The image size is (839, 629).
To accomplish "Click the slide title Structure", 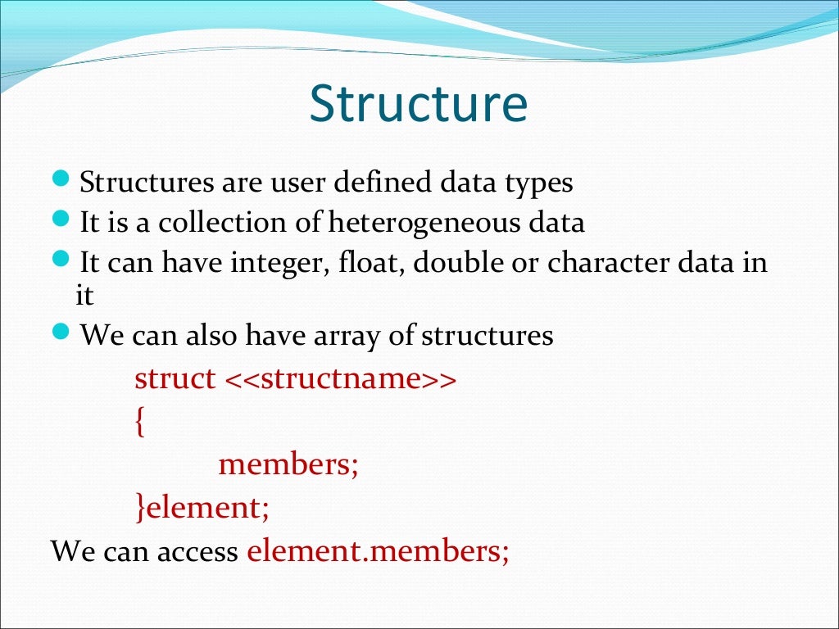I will pyautogui.click(x=419, y=105).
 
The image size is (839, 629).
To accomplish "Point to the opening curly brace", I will pyautogui.click(x=140, y=423).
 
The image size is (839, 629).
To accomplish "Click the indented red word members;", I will pyautogui.click(x=288, y=465).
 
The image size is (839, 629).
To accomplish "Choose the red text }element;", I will pyautogui.click(x=202, y=508).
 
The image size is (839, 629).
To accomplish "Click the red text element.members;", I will pyautogui.click(x=378, y=550).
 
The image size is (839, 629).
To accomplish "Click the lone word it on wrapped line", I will pyautogui.click(x=85, y=295).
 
